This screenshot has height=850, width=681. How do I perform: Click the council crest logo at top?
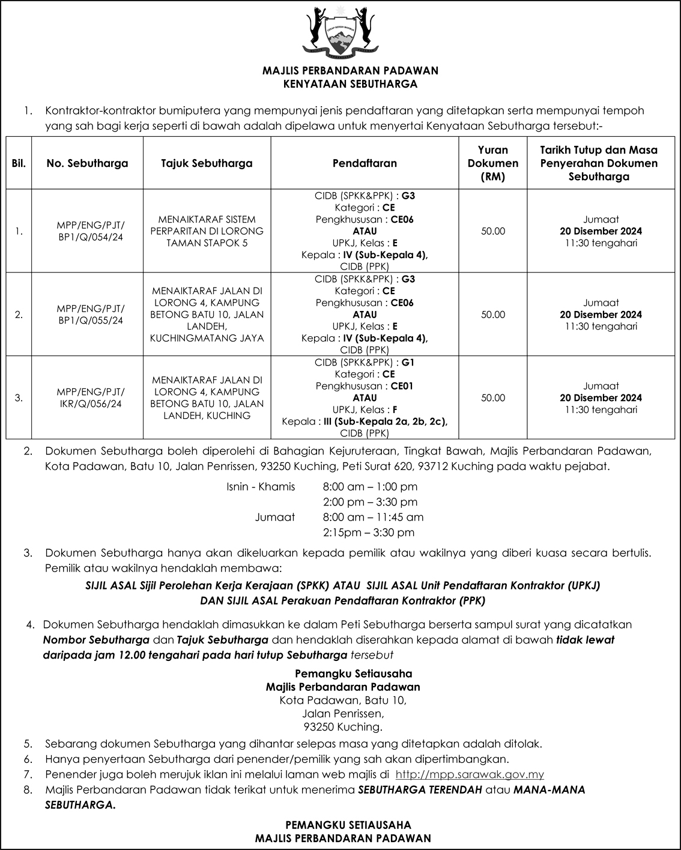340,31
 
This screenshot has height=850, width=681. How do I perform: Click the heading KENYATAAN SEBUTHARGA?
350,84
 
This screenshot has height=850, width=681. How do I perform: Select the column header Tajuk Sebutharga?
207,163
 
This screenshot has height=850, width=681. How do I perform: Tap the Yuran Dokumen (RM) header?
493,163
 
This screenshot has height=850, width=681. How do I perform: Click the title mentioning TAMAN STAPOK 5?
207,231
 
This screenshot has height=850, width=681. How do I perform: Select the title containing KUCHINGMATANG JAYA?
207,315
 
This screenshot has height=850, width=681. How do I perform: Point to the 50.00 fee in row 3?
493,398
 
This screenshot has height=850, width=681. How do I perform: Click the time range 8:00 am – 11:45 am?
373,517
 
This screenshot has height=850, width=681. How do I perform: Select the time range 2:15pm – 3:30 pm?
368,532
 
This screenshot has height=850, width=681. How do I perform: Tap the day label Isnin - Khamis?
261,486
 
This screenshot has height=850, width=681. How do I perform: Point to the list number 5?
28,744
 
